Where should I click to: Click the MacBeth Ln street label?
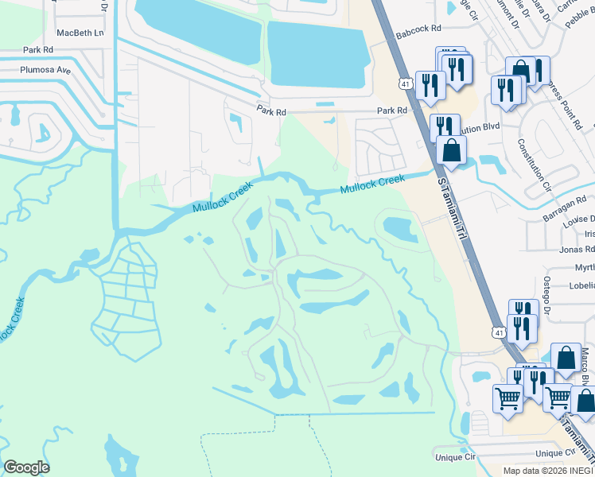click(80, 33)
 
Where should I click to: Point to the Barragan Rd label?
click(566, 204)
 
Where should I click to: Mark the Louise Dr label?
click(579, 219)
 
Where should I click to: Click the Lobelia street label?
click(578, 285)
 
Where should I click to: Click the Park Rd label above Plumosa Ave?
click(37, 49)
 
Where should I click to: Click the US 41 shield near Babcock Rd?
click(405, 82)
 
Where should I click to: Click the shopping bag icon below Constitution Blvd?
click(451, 150)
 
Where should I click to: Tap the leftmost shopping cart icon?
click(507, 398)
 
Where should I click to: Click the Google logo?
click(26, 467)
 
